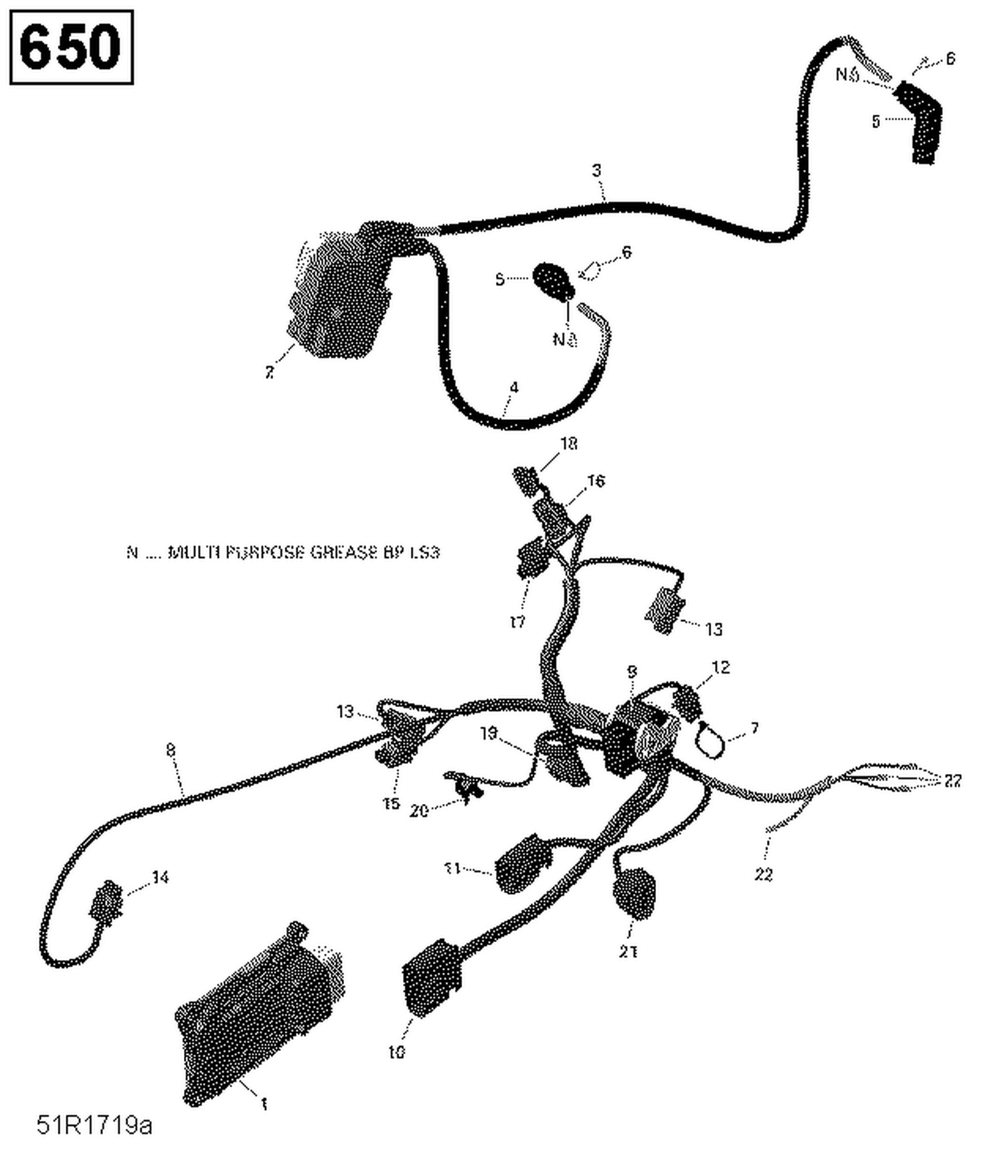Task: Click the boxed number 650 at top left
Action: click(x=71, y=47)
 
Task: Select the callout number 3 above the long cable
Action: click(x=596, y=171)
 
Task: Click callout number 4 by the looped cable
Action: click(x=513, y=387)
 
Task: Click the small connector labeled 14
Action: click(x=106, y=902)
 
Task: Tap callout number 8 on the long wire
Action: click(x=171, y=750)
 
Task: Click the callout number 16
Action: click(x=596, y=480)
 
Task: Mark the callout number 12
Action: click(x=720, y=667)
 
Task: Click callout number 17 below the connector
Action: click(x=517, y=622)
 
